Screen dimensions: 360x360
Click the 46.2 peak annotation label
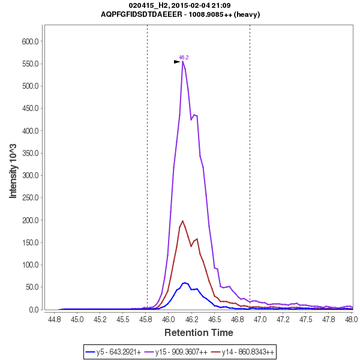coord(184,58)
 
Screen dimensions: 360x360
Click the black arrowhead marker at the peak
coord(177,62)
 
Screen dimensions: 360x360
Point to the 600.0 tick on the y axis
coord(31,41)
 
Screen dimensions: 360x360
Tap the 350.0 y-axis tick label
coord(31,153)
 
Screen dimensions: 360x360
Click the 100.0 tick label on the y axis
coord(31,265)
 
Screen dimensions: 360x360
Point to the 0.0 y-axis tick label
coord(34,310)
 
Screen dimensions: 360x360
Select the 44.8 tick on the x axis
coord(55,319)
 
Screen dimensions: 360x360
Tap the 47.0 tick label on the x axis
coord(260,319)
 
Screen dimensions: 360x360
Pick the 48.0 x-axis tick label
coord(351,319)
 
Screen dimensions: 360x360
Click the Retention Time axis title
coord(199,332)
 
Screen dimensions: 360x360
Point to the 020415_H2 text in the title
coord(148,5)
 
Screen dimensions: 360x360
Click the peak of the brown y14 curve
coord(183,221)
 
